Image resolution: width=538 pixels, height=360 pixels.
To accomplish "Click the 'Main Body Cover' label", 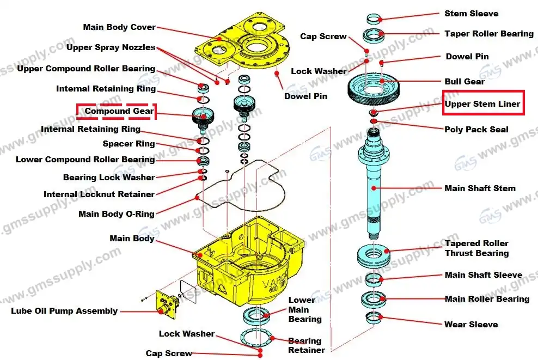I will pos(119,27).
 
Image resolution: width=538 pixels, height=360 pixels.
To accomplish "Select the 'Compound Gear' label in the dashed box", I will pos(119,112).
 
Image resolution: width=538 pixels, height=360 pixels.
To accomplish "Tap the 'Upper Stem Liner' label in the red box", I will pos(482,103).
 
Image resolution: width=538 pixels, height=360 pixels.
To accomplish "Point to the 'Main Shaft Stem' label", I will pos(480,188).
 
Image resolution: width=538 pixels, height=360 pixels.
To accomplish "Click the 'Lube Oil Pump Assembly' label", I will pos(64,311).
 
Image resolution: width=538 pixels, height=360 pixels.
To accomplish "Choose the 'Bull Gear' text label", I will pos(464,82).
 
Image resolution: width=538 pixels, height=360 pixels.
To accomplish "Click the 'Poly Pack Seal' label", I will pos(476,130).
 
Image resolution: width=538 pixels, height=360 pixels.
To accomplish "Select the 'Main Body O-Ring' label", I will pos(117,214).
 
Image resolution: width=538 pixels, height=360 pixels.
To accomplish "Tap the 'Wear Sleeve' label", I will pos(471,325).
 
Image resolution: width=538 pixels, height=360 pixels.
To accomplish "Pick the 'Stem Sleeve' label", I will pos(471,14).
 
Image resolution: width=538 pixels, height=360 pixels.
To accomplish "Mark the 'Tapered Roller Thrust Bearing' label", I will pos(476,248).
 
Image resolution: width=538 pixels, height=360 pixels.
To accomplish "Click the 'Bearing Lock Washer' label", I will pos(109,178).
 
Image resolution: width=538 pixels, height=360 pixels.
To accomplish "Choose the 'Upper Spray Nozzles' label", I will pos(111,47).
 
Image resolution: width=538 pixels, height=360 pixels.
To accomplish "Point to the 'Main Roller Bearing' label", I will pos(487,299).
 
